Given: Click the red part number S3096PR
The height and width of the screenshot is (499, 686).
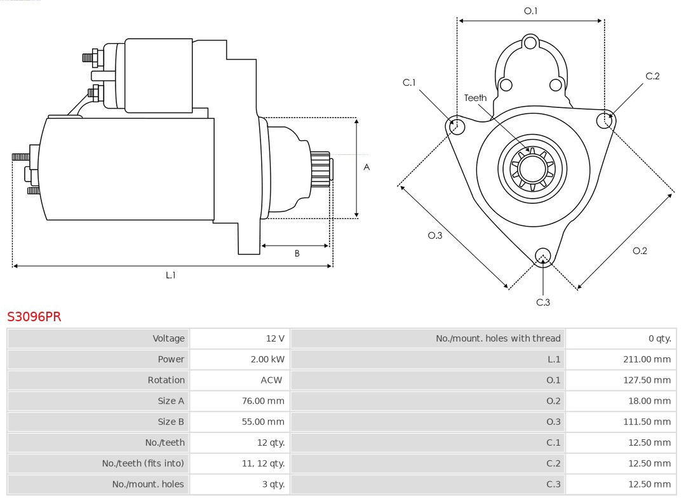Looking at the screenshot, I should tap(34, 316).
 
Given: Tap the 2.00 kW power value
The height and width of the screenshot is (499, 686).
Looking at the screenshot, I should tap(267, 359).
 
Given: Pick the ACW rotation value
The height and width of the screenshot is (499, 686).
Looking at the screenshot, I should tap(271, 380).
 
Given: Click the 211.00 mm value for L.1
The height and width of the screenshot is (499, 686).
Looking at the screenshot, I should tap(647, 359).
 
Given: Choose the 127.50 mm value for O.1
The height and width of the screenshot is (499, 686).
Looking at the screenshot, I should tap(647, 380).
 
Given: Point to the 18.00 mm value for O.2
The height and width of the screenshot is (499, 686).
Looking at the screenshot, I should tap(649, 401).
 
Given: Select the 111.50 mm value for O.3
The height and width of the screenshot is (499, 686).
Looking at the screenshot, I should tap(647, 422).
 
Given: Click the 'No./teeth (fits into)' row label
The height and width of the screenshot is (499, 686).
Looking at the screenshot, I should tap(143, 463).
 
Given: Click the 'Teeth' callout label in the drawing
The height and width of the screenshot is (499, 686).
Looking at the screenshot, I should tap(475, 98).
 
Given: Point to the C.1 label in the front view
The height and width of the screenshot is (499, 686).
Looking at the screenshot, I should tap(409, 83).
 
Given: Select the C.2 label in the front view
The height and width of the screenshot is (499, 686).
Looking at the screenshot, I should tap(652, 76).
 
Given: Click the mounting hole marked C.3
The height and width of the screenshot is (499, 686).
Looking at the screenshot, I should tap(542, 256).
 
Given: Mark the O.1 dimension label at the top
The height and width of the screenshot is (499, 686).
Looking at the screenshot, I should tap(530, 11).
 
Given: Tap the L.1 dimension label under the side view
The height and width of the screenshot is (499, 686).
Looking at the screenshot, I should tap(170, 275).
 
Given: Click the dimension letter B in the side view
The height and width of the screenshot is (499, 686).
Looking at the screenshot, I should tap(297, 253).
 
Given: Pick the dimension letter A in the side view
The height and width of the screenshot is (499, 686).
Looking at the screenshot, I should tap(367, 168).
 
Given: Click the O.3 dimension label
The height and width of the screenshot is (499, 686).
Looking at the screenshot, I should tap(434, 236).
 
